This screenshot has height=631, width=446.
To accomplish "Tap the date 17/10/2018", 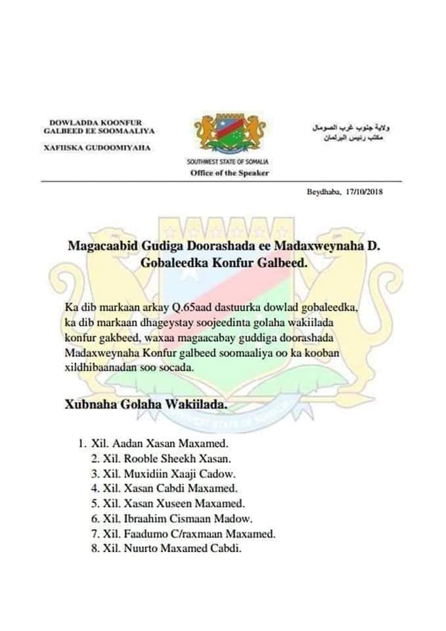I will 363,192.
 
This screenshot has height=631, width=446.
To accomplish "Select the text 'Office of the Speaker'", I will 229,173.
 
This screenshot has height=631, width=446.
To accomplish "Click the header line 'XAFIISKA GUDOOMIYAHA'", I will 97,147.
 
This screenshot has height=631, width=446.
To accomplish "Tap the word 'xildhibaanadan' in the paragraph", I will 99,369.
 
